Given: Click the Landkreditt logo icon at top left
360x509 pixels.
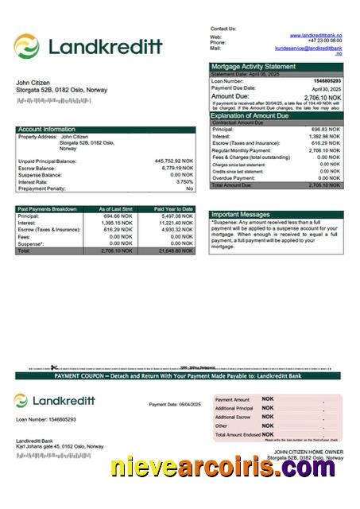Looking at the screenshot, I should click(x=26, y=46).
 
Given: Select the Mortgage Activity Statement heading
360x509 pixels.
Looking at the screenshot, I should click(x=254, y=67).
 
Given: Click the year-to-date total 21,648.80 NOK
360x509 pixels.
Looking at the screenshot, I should click(x=175, y=251).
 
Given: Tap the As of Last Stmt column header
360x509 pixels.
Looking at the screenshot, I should click(x=115, y=209).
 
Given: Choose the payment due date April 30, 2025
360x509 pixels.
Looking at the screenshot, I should click(x=326, y=88).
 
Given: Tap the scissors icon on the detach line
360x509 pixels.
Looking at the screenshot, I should click(x=54, y=367).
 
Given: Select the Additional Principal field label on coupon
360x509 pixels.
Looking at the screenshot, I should click(x=234, y=408).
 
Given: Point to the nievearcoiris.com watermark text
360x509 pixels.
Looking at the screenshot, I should click(x=223, y=468).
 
